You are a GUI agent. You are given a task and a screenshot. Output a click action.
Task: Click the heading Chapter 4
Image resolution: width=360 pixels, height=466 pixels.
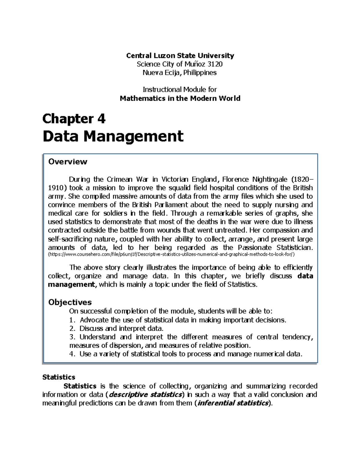click(74, 119)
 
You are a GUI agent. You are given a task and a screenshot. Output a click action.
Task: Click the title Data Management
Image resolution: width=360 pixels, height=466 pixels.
click(113, 137)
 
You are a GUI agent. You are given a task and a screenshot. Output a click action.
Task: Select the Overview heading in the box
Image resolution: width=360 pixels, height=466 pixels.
click(67, 162)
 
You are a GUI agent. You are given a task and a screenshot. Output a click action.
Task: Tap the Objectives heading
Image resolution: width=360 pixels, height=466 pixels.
click(70, 302)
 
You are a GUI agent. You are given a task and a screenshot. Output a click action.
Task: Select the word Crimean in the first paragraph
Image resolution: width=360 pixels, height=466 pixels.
click(119, 179)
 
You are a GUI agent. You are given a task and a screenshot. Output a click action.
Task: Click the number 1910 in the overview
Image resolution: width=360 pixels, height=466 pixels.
click(57, 188)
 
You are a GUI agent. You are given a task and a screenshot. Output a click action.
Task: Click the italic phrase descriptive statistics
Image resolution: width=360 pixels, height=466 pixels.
click(145, 394)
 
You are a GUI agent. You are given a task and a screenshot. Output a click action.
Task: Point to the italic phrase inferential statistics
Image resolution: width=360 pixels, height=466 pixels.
click(232, 403)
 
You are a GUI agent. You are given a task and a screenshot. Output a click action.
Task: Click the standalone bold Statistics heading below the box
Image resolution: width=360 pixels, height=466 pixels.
click(59, 377)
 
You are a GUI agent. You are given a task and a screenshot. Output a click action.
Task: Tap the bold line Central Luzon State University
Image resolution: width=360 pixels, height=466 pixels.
click(180, 56)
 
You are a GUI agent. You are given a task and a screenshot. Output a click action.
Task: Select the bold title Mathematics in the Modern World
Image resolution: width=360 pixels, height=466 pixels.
click(180, 98)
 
